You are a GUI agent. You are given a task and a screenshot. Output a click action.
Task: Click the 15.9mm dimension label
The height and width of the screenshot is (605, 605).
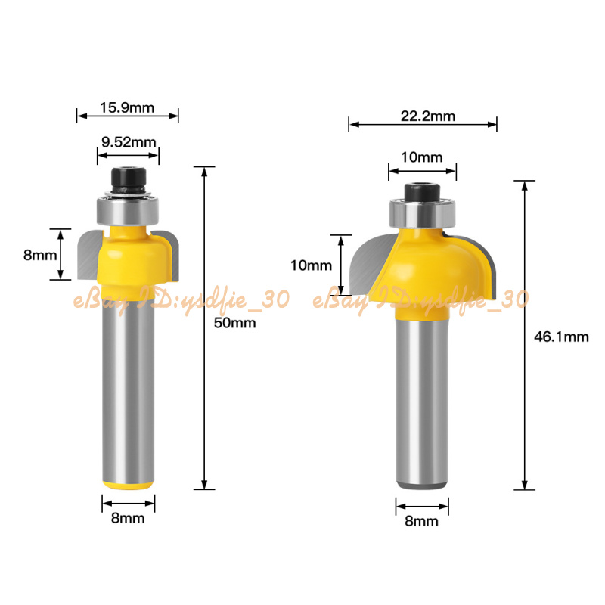point(127,107)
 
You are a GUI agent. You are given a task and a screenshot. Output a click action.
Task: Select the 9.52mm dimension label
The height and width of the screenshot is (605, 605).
point(129,142)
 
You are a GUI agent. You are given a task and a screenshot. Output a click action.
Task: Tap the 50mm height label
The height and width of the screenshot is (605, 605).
point(234,323)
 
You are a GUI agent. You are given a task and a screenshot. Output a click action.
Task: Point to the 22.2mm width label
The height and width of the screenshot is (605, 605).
point(428,116)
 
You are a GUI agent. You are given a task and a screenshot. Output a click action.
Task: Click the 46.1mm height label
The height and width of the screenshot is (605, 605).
point(561,337)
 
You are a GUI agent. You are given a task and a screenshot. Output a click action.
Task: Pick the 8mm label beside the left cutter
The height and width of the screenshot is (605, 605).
point(40,255)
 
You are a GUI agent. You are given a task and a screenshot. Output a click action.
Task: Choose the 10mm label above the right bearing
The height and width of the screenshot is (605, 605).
point(422,157)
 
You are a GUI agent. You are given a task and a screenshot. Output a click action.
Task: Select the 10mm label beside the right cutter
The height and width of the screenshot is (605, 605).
point(311,265)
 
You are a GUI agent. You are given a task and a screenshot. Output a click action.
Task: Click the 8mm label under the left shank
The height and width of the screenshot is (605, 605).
point(128,518)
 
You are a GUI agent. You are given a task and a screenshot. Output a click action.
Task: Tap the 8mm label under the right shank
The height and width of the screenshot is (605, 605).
point(421,521)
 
